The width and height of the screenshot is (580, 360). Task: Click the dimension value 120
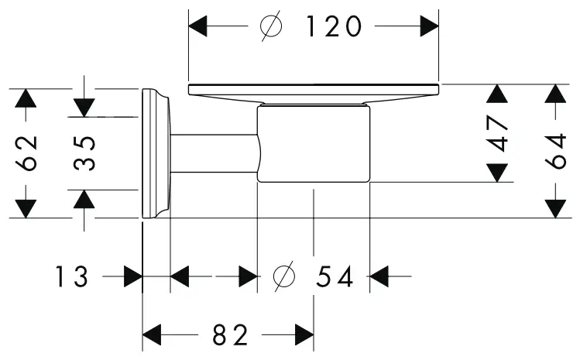click(333, 27)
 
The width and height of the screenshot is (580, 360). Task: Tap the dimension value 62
click(26, 153)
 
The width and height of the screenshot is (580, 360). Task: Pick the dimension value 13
click(72, 276)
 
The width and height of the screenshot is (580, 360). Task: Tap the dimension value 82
click(229, 336)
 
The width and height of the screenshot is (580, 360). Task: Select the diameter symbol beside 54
click(285, 276)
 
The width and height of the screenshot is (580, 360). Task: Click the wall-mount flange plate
click(155, 153)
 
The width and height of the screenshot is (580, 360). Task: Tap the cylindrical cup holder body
click(314, 146)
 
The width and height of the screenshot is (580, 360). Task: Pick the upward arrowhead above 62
click(26, 98)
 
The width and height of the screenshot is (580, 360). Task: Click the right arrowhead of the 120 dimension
click(429, 27)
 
